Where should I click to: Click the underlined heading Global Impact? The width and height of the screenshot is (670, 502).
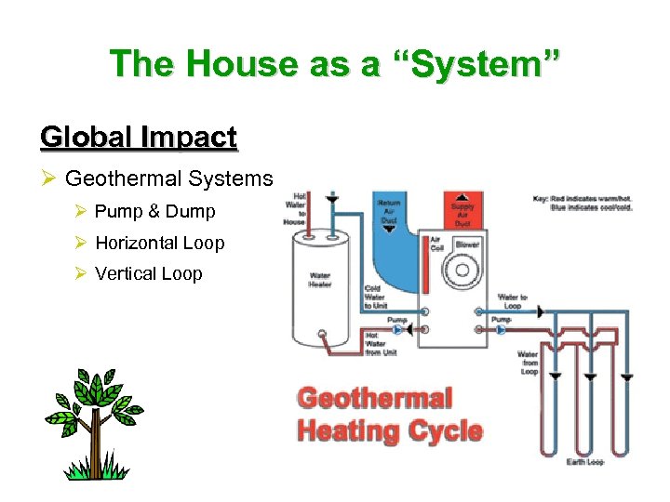click(139, 138)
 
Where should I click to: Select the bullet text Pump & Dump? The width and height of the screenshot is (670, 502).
click(154, 212)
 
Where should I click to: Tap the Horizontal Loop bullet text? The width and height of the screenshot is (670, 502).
click(159, 244)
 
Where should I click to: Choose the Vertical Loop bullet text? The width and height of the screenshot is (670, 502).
click(148, 274)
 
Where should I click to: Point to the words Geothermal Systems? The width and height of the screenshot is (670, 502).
click(168, 178)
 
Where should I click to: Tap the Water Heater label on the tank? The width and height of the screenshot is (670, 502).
click(320, 280)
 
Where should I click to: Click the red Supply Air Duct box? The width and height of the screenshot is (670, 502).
click(462, 213)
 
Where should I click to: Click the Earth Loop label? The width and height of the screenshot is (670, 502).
click(585, 462)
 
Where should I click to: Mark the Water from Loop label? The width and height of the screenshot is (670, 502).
click(528, 363)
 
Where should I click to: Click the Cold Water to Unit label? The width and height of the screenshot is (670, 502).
click(375, 297)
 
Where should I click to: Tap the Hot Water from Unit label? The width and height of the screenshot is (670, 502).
click(380, 344)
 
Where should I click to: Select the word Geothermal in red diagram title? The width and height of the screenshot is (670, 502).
click(374, 400)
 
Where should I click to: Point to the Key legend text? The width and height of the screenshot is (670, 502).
click(583, 203)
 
